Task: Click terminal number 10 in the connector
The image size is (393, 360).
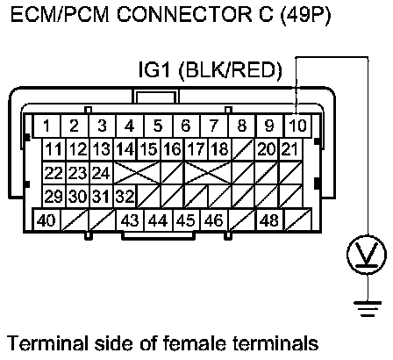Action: pos(297,126)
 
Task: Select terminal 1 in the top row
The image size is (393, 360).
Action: pos(46,126)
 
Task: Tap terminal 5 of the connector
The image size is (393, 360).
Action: pos(158,126)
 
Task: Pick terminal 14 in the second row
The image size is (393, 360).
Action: pos(125,149)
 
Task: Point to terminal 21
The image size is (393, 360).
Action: pos(290,149)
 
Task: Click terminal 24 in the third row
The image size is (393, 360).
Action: pos(101,173)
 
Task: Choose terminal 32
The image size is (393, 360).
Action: pos(125,196)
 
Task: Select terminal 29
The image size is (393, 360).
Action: pos(54,196)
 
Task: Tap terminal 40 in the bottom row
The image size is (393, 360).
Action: pos(46,220)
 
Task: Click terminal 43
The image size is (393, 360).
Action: pos(130,220)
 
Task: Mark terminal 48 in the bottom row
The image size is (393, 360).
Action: pos(269,220)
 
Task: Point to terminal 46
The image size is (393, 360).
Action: pos(214,220)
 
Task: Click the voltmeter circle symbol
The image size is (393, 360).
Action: pos(368,254)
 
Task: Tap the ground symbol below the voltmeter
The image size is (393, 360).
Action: pos(368,309)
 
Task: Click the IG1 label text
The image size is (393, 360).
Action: pos(154,69)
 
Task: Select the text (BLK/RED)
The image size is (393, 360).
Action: pos(230,70)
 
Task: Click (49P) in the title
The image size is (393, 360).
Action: pos(305,15)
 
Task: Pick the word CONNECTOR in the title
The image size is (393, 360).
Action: pos(183,15)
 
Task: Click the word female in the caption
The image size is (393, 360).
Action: pos(195,342)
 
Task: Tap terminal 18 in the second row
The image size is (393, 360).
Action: pos(220,149)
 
